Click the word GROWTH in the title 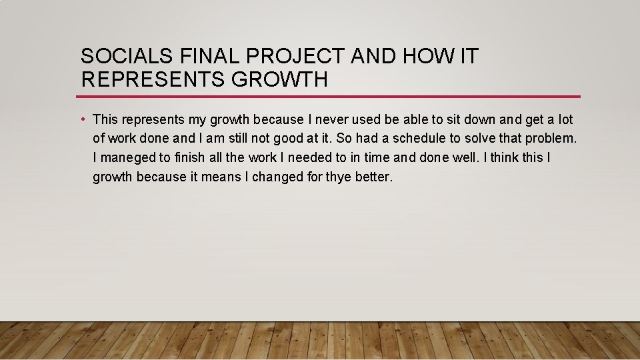tap(280, 80)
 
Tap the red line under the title tap(330, 97)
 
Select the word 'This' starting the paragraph tap(105, 120)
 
